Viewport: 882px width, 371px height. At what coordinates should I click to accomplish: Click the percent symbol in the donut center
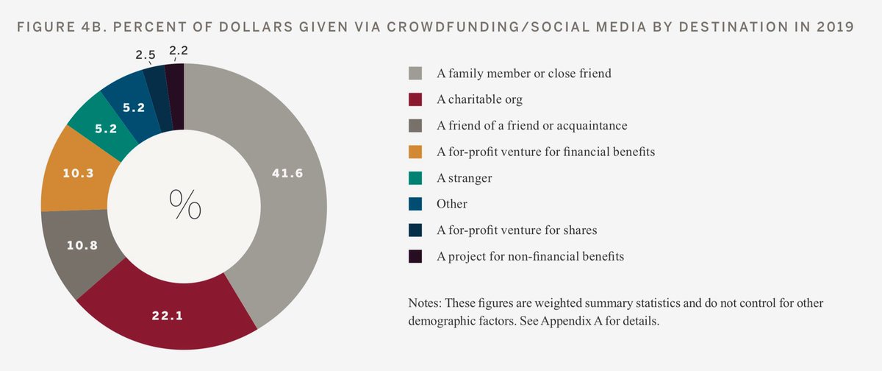pos(184,205)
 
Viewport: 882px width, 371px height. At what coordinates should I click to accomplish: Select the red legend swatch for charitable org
pos(415,99)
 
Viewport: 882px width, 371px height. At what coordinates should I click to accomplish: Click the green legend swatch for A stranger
pos(415,177)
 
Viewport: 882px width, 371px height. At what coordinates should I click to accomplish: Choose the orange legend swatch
pos(415,152)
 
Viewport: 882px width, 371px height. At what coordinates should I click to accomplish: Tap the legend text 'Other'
pos(452,204)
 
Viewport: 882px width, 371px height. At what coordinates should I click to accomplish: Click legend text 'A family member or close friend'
pos(524,74)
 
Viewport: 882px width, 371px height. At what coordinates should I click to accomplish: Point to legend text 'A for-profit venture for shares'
pos(517,230)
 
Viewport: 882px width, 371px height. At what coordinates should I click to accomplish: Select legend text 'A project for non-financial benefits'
pos(530,256)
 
